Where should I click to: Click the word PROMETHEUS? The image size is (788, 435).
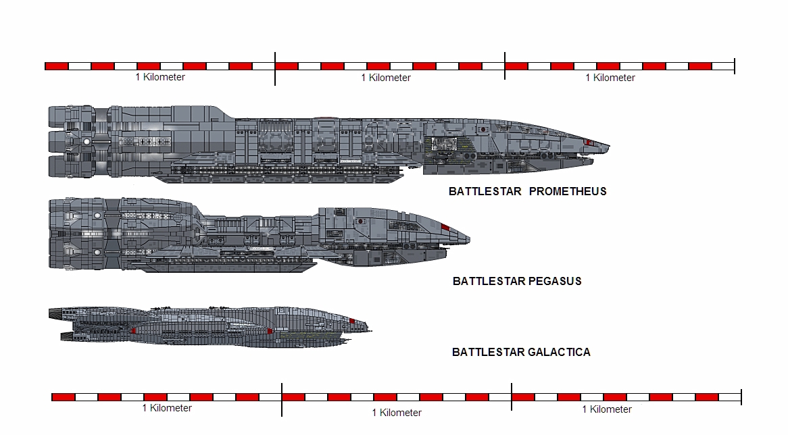[568, 191]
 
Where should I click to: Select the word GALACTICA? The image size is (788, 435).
[558, 352]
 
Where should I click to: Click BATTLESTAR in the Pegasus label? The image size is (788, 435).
[485, 281]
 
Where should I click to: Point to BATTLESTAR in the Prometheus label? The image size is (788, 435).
[485, 191]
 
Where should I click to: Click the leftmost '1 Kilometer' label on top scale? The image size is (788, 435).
[160, 77]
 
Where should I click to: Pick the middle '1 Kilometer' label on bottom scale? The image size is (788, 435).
[397, 412]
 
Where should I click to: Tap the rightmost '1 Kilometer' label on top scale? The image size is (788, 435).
[610, 78]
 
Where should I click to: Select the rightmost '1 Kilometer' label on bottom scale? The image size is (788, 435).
[607, 409]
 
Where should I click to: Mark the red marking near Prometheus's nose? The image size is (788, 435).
[589, 143]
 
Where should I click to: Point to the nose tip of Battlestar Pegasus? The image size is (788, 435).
[469, 238]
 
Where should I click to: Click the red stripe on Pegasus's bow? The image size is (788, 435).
[445, 226]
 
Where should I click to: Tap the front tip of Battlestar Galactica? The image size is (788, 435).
[372, 329]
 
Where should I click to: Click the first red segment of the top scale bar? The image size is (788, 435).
[57, 66]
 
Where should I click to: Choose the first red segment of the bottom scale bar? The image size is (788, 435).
[64, 397]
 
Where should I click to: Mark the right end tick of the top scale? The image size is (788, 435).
[734, 66]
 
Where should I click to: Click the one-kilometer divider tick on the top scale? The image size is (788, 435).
[275, 68]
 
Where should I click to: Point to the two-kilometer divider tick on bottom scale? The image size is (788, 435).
[512, 399]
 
